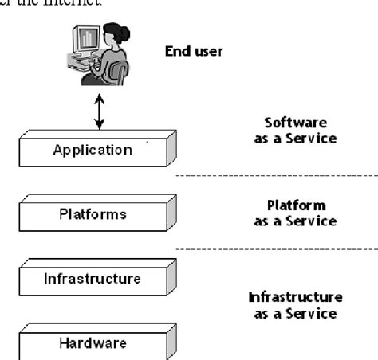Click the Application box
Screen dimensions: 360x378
click(93, 150)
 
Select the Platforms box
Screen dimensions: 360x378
click(93, 214)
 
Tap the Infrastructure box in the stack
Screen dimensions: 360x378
click(93, 279)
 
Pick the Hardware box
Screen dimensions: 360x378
click(93, 344)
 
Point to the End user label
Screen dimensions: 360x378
click(194, 52)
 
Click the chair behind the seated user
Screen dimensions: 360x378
click(120, 73)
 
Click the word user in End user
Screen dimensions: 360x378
click(209, 52)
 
